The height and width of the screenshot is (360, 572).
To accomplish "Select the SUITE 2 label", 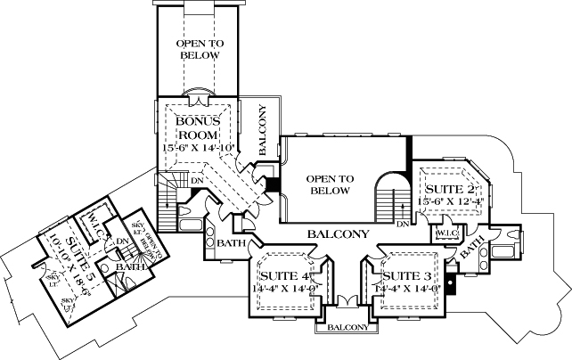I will pyautogui.click(x=447, y=189).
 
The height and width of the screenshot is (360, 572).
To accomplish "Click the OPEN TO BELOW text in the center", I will pyautogui.click(x=329, y=184).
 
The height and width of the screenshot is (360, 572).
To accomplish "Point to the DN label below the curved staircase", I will pyautogui.click(x=402, y=224).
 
